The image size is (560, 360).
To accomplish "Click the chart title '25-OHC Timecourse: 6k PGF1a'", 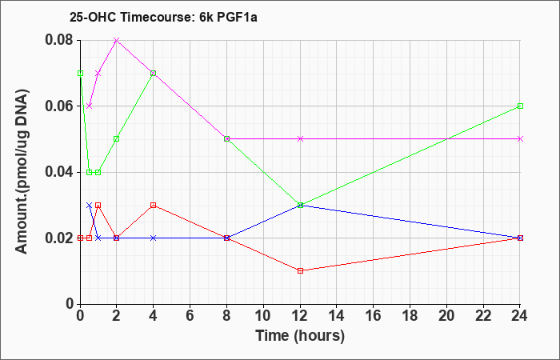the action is [x=163, y=18].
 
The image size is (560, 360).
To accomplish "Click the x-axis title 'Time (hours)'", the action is [x=300, y=336].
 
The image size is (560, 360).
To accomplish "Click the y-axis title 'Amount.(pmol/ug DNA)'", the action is [x=22, y=172].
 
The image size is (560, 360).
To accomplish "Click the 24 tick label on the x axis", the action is [x=520, y=316].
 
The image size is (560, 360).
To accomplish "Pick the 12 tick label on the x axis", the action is [x=300, y=316].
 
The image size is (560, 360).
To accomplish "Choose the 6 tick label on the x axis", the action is [x=190, y=316].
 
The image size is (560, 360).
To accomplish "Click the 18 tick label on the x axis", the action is [x=410, y=316].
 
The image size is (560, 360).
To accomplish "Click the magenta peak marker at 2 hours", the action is [x=117, y=40].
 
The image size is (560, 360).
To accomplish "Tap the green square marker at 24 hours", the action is [x=520, y=106].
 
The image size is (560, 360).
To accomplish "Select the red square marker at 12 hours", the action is [x=300, y=270].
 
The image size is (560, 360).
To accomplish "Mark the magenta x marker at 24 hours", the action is [x=520, y=139].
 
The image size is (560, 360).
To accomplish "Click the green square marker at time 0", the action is [x=80, y=74].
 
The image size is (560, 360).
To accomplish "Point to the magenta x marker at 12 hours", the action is [x=300, y=139].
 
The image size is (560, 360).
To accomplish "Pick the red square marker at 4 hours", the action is [x=154, y=205].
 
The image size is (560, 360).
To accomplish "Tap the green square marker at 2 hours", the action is [x=117, y=139].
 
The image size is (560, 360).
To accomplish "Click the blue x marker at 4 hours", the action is [x=154, y=238].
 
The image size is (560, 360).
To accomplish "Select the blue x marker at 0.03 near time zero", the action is [x=90, y=205].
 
